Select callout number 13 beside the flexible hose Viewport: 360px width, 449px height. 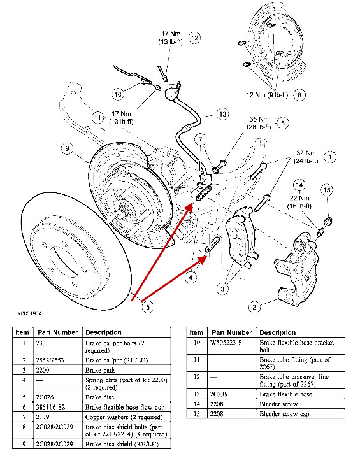click(222, 114)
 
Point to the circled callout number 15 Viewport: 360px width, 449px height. click(326, 190)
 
